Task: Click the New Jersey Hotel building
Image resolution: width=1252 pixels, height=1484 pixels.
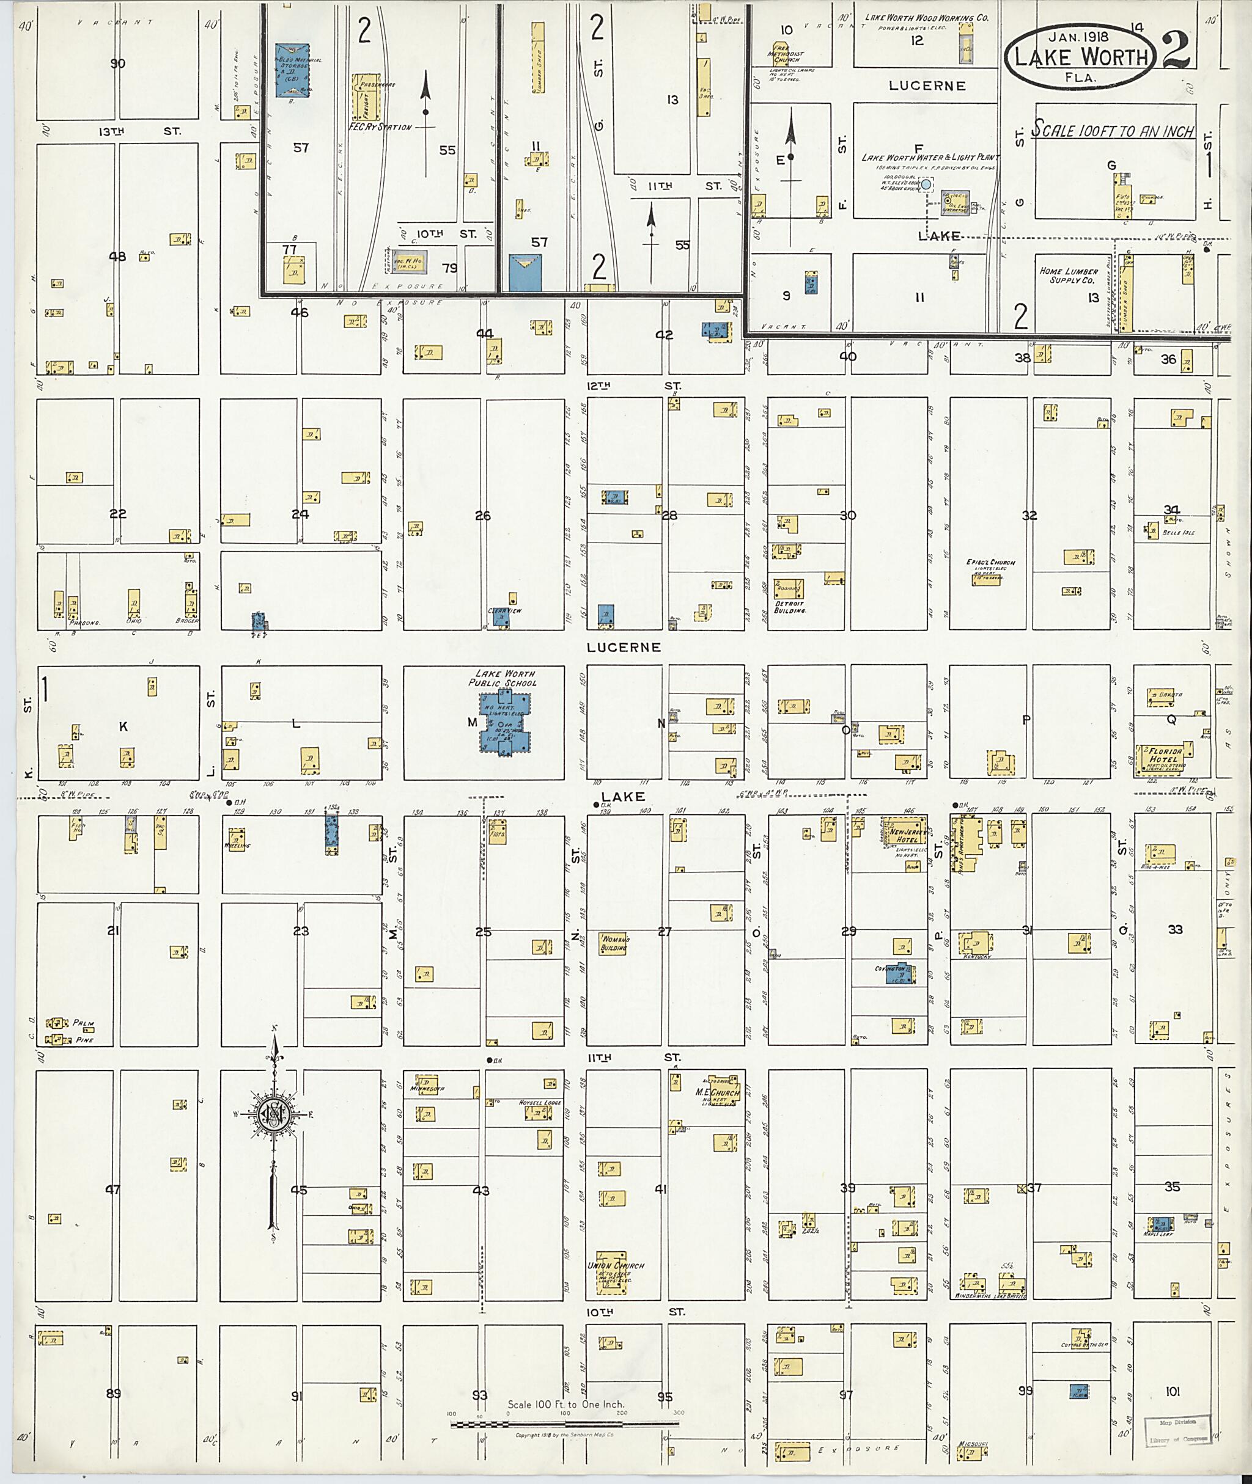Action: [902, 835]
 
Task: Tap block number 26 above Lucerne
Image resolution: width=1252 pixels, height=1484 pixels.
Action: [482, 516]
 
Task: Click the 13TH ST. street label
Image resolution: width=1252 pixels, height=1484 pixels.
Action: [142, 131]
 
